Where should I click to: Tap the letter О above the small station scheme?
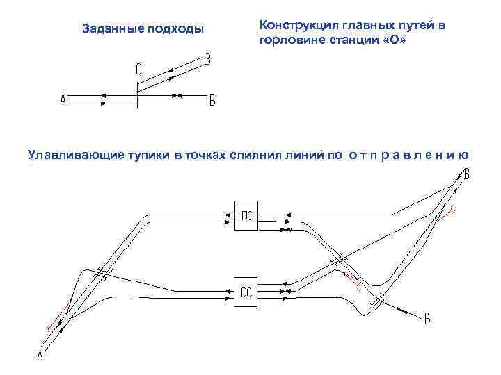(139, 69)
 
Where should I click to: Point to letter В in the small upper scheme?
(207, 59)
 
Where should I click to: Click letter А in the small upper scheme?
(63, 100)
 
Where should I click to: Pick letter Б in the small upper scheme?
(212, 100)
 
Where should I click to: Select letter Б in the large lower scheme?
(427, 319)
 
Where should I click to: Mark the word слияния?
(257, 156)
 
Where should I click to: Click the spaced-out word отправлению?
(408, 156)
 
